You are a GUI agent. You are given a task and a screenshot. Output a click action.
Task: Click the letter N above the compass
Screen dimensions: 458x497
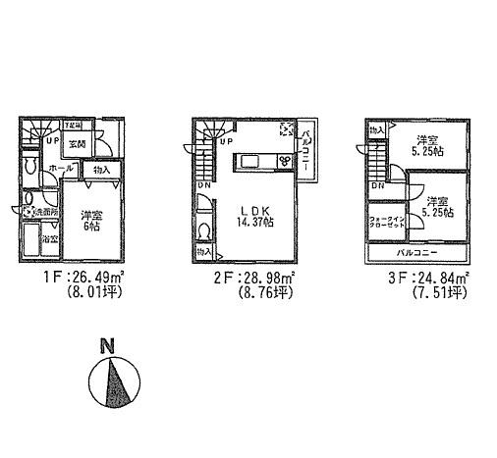coord(107,345)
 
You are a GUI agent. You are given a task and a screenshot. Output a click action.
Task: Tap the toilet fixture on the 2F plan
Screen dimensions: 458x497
coord(203,230)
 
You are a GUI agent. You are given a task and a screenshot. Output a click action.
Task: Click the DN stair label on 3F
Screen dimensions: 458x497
coord(377,185)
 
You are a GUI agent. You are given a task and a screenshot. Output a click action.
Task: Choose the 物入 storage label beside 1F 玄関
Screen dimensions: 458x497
coord(101,170)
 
